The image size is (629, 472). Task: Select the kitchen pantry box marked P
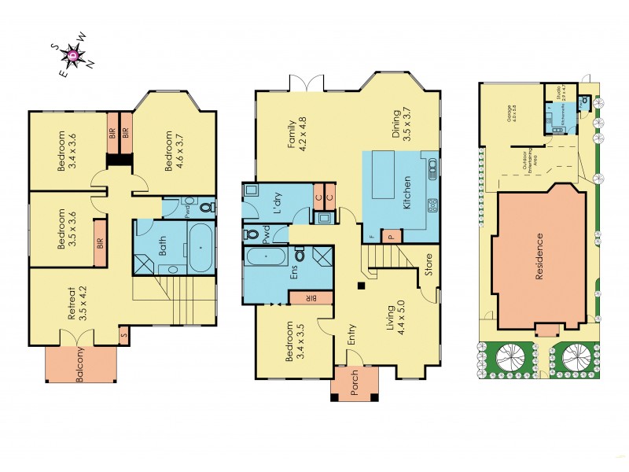point(391,236)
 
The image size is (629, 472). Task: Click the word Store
point(429,268)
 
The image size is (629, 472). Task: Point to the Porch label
point(353,382)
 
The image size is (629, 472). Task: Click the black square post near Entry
point(359,285)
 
